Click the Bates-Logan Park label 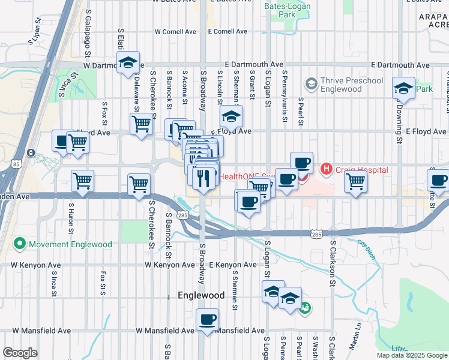click(279, 10)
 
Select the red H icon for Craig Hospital click(327, 170)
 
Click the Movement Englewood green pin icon click(20, 244)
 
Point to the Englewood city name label click(201, 295)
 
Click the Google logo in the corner click(20, 353)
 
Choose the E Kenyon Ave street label click(233, 265)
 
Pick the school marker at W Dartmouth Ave click(128, 62)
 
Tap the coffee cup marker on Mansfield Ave click(207, 319)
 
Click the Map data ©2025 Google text click(411, 355)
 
